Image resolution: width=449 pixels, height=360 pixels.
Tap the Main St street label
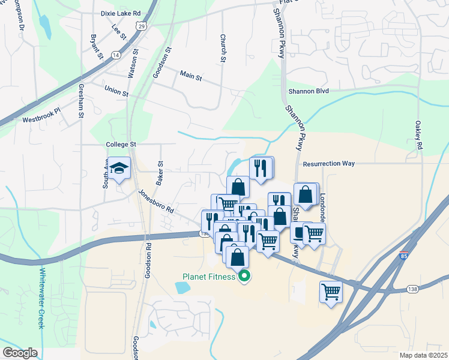pyautogui.click(x=191, y=77)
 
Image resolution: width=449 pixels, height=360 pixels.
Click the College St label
pyautogui.click(x=121, y=145)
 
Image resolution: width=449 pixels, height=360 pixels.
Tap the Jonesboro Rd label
pyautogui.click(x=155, y=202)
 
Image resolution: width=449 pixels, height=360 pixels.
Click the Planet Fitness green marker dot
pyautogui.click(x=244, y=277)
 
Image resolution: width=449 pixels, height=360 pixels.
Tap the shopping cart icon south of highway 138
pyautogui.click(x=331, y=292)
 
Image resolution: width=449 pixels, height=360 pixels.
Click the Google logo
pyautogui.click(x=20, y=353)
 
